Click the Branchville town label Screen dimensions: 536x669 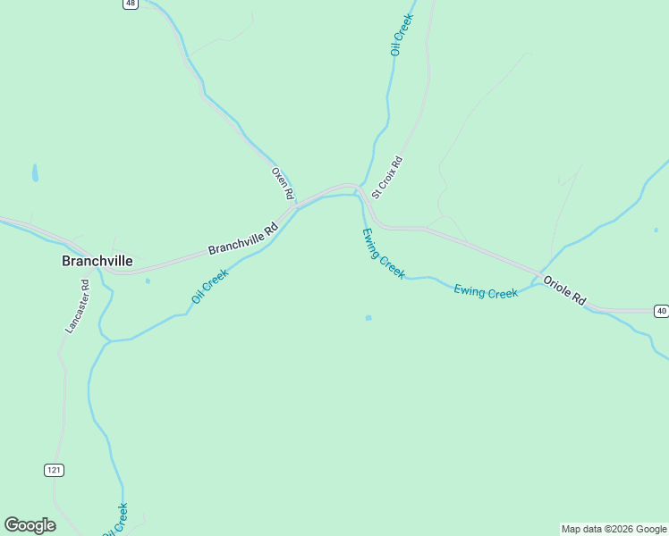click(97, 261)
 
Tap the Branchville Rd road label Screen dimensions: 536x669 click(243, 239)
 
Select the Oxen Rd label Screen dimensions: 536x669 click(283, 183)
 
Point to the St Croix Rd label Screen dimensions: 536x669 click(387, 177)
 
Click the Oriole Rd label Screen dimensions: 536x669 click(565, 289)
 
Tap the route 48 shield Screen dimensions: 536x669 click(131, 4)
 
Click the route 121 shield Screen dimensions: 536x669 click(54, 470)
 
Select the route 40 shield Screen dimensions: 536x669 click(660, 311)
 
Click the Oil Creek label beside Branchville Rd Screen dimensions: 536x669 click(210, 286)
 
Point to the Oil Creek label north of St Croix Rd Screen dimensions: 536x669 click(402, 35)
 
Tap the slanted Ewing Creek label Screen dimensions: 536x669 click(383, 253)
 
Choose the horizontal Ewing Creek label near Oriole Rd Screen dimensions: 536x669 click(486, 291)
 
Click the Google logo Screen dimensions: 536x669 click(30, 525)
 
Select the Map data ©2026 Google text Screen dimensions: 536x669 click(614, 529)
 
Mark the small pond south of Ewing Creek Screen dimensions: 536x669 click(368, 317)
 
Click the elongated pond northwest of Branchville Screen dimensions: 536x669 click(35, 172)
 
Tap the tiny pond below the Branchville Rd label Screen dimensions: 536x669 click(148, 281)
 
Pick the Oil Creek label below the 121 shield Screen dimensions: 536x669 click(115, 520)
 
